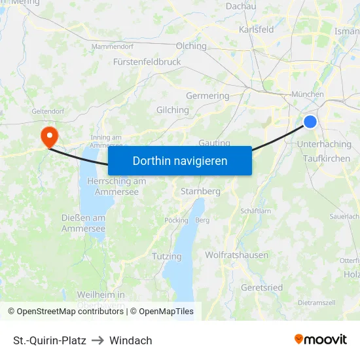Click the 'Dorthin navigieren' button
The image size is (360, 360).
click(180, 160)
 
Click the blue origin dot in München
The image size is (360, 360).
click(310, 121)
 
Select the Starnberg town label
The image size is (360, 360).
click(200, 191)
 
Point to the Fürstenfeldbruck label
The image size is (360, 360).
click(147, 62)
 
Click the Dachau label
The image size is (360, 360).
click(240, 6)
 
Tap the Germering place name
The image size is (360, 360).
click(207, 96)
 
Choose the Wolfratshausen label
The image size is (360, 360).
click(236, 255)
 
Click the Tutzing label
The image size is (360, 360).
click(166, 256)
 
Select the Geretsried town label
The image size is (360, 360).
click(262, 287)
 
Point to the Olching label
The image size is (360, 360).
click(191, 46)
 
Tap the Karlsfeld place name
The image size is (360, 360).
click(257, 29)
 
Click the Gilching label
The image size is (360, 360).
click(173, 110)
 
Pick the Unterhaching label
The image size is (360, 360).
click(324, 144)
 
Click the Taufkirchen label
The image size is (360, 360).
click(327, 158)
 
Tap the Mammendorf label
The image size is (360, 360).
click(112, 46)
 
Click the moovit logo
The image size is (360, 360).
click(321, 340)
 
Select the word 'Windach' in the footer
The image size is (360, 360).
click(131, 340)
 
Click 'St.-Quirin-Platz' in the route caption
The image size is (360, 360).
click(50, 340)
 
